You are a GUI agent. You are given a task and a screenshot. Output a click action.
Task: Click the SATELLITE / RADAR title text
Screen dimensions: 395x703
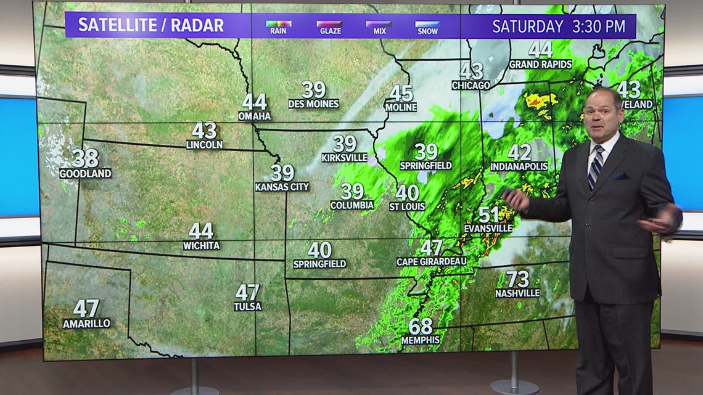pyautogui.click(x=150, y=26)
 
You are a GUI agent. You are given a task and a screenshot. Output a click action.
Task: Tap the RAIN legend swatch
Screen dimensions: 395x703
pyautogui.click(x=278, y=24)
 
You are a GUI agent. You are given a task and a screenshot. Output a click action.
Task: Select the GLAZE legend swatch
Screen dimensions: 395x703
pyautogui.click(x=329, y=24)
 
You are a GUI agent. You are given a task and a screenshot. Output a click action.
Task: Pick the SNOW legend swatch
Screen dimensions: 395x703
pyautogui.click(x=427, y=24)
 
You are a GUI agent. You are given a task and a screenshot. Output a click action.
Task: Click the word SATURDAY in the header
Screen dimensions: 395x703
pyautogui.click(x=528, y=26)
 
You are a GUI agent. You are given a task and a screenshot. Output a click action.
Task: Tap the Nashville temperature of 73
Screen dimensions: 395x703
pyautogui.click(x=517, y=279)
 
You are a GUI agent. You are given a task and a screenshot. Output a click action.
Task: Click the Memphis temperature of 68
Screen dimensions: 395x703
pyautogui.click(x=421, y=326)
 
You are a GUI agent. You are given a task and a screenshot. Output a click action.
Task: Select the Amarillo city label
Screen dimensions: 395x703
pyautogui.click(x=86, y=324)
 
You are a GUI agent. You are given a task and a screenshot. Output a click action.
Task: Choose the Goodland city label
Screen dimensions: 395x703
pyautogui.click(x=85, y=174)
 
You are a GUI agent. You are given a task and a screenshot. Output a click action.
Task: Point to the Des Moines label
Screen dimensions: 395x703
pyautogui.click(x=313, y=104)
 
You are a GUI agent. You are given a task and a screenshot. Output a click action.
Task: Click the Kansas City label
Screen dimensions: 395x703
pyautogui.click(x=282, y=187)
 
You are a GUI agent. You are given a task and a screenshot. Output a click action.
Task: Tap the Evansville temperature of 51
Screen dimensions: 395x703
pyautogui.click(x=488, y=214)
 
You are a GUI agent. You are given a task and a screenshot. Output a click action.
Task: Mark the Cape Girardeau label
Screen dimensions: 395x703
pyautogui.click(x=431, y=262)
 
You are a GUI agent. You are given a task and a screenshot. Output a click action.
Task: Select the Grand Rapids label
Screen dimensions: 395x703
pyautogui.click(x=540, y=64)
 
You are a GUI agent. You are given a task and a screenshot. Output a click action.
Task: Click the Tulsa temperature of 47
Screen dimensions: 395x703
pyautogui.click(x=247, y=291)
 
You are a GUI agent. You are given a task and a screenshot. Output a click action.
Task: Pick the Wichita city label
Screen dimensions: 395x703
pyautogui.click(x=201, y=245)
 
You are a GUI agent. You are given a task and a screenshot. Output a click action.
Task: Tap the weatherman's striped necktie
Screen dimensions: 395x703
pyautogui.click(x=595, y=166)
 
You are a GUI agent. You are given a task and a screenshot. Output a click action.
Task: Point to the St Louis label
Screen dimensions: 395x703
pyautogui.click(x=407, y=206)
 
